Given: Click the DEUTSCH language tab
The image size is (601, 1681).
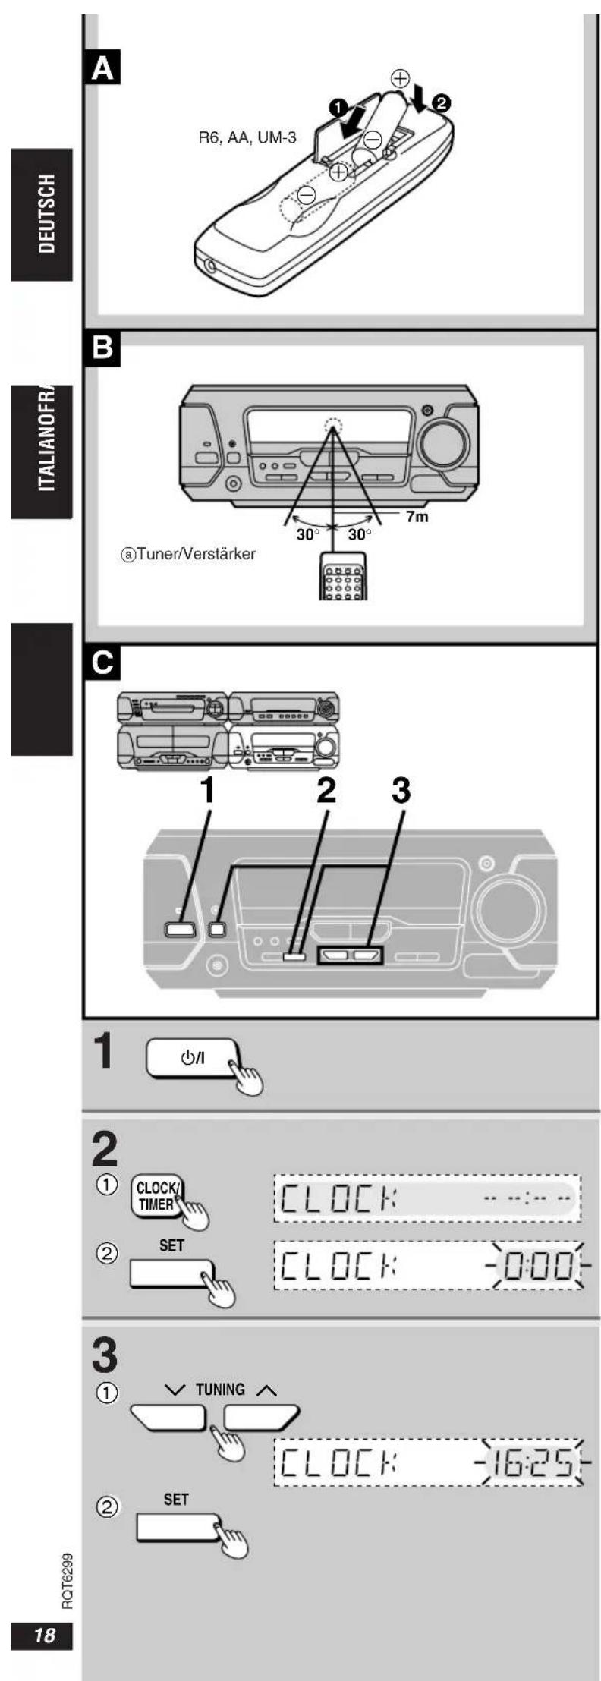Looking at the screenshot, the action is click(41, 215).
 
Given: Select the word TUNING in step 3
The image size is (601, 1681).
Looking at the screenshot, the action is click(221, 1390).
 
